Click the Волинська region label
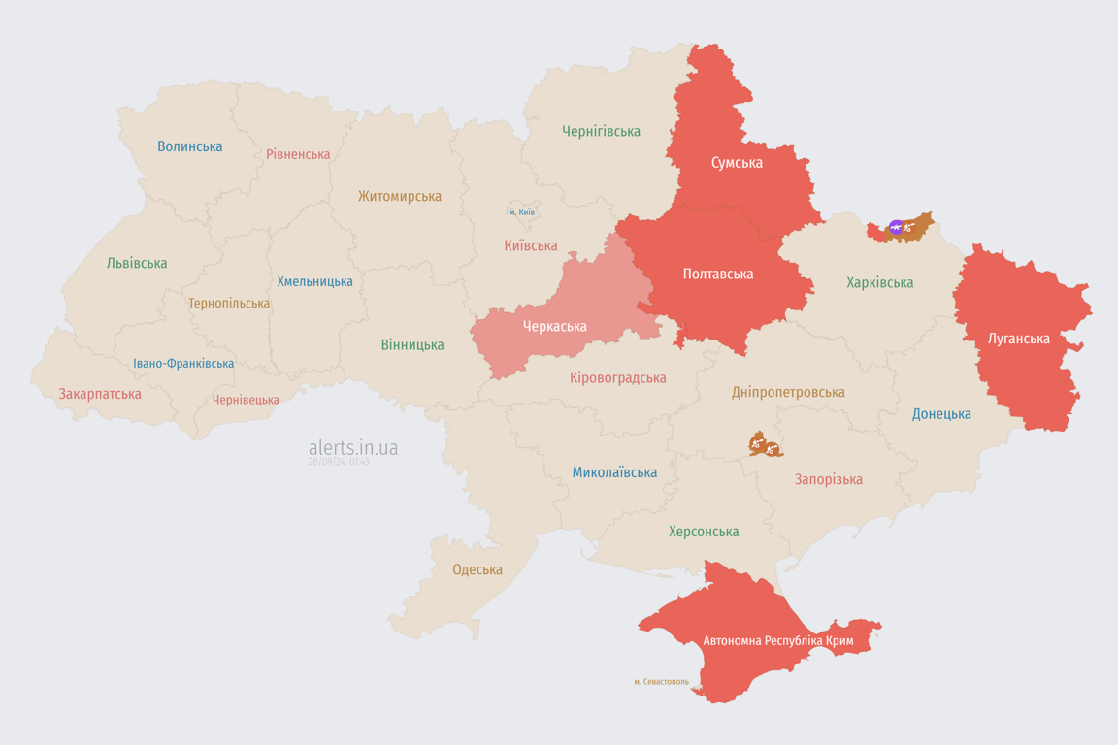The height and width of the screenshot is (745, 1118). [190, 146]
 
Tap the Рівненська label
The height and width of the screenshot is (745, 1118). [298, 154]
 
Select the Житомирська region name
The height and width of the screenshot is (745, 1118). [399, 196]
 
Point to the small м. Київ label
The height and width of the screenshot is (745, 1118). [522, 211]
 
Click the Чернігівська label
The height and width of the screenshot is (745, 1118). [601, 131]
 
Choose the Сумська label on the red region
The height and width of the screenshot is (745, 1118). [737, 163]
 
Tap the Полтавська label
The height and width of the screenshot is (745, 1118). [718, 275]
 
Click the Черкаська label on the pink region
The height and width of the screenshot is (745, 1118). [554, 326]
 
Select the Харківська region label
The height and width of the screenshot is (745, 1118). [879, 283]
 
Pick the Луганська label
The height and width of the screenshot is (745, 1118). [1018, 339]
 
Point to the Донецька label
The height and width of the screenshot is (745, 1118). [941, 414]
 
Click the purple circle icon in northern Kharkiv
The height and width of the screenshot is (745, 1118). [896, 228]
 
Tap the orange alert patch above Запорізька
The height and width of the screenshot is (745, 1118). [765, 445]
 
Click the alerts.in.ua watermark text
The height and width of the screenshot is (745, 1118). [353, 447]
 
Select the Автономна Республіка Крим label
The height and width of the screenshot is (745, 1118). [778, 641]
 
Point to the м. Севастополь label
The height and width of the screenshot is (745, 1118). [661, 682]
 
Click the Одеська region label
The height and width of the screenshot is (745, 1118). [477, 569]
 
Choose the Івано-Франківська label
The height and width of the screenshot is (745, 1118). [183, 364]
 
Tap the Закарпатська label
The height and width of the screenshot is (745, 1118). [100, 394]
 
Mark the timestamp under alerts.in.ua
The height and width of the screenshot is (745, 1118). [339, 462]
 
